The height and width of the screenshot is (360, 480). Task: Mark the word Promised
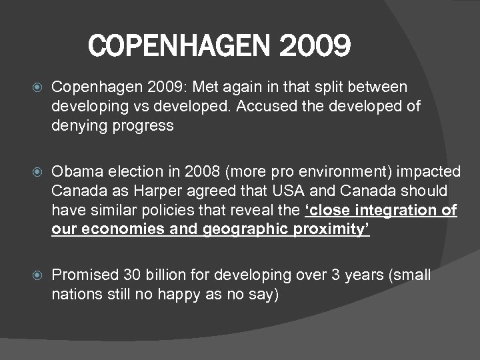[85, 275]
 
